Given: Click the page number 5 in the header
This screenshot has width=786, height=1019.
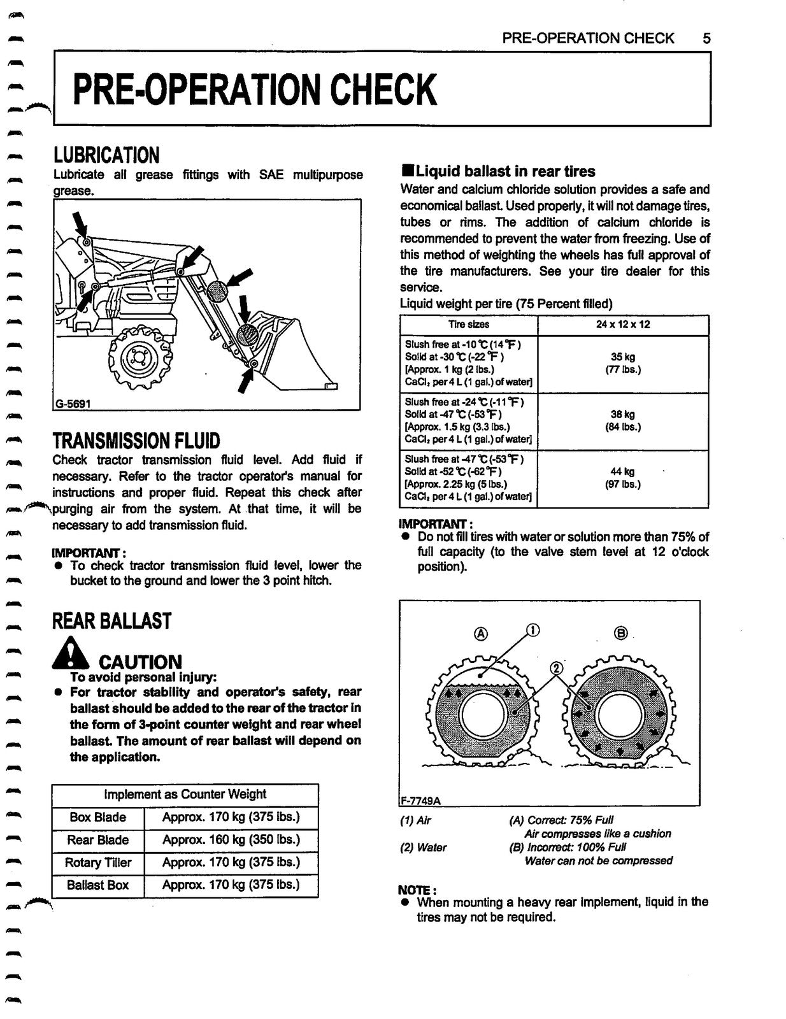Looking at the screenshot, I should pos(706,38).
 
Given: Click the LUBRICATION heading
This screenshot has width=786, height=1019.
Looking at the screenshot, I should pos(106,155).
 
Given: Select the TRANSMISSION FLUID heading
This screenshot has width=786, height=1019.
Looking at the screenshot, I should pos(136,441).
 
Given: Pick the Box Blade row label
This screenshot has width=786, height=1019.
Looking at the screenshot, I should pos(97,817).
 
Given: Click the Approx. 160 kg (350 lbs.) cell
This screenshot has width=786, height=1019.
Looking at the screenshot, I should pos(231,839).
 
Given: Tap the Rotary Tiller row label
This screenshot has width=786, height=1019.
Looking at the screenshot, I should pos(97,862).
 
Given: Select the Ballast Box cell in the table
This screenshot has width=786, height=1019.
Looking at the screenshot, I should pos(97,885).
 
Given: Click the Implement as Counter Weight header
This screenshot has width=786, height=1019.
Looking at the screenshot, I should pos(185,794).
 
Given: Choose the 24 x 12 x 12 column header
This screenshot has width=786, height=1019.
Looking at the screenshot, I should pos(622,324).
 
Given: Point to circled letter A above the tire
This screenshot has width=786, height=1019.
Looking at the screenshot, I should pos(481,634).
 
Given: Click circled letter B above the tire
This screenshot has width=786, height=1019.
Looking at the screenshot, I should pos(621,633).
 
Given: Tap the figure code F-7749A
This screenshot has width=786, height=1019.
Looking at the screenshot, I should pos(420,800).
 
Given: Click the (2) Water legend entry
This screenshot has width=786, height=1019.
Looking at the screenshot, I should pos(423,848).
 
